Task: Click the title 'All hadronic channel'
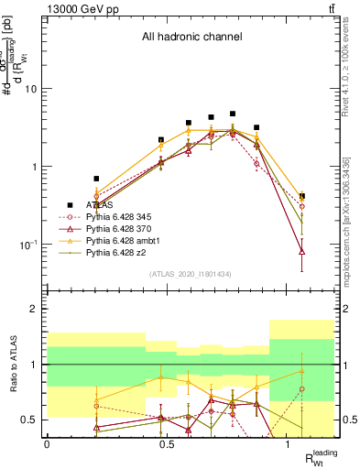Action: pos(191,38)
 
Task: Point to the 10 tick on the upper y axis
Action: pos(32,89)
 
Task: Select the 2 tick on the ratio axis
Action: pos(36,310)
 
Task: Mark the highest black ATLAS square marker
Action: pos(233,114)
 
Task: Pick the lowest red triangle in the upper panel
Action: pos(302,251)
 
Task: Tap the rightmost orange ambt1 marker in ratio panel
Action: pos(302,371)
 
